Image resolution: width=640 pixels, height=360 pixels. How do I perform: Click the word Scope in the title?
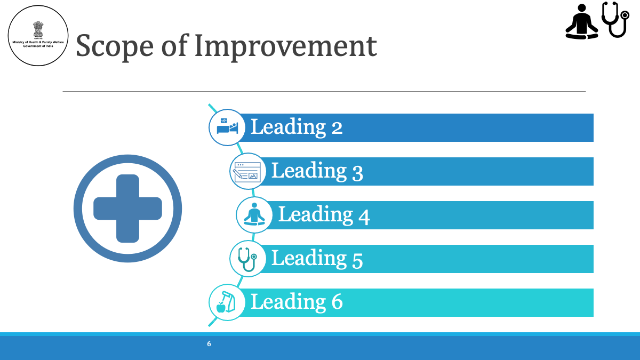tap(115, 46)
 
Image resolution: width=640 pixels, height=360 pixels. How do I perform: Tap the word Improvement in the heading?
tap(286, 46)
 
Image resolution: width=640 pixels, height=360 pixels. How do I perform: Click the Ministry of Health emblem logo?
tap(38, 36)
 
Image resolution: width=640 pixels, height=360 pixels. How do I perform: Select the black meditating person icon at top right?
tap(582, 21)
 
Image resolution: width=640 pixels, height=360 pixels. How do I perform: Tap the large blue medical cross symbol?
tap(127, 209)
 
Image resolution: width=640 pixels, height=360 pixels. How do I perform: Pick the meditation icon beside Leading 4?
tap(254, 214)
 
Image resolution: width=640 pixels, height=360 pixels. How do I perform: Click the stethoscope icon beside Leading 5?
tap(247, 259)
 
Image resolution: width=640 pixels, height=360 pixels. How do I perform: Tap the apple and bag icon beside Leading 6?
tap(226, 302)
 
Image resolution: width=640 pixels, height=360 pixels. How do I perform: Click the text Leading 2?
tap(297, 127)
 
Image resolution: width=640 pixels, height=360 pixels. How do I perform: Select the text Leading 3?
tap(317, 171)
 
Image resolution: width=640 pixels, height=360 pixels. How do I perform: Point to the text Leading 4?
tap(324, 214)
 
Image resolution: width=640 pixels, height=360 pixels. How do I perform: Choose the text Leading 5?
tap(317, 259)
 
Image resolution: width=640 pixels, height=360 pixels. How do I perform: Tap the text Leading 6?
tap(297, 302)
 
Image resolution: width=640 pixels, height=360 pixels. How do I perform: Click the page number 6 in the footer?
tap(209, 344)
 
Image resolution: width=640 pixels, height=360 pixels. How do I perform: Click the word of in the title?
tap(174, 45)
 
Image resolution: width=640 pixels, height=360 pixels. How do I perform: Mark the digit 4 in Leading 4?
tap(364, 217)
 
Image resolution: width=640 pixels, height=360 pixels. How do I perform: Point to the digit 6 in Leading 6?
tap(337, 302)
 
